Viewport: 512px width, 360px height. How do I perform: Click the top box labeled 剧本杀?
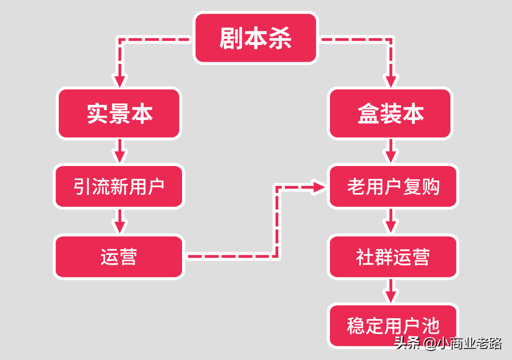click(256, 38)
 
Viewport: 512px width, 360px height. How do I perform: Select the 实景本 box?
click(119, 114)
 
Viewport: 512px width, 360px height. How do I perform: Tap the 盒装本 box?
click(391, 114)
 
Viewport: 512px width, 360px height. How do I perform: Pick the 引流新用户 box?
click(119, 186)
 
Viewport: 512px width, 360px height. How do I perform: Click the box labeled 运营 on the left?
click(119, 257)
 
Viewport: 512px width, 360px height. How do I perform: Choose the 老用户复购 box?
click(393, 186)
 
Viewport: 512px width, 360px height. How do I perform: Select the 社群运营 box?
click(393, 257)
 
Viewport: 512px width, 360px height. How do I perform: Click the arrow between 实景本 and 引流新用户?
click(120, 152)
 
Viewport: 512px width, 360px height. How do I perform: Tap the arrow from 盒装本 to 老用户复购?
click(391, 152)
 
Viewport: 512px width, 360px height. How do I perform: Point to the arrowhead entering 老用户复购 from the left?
click(319, 186)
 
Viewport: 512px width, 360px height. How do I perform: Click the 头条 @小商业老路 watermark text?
click(448, 342)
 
